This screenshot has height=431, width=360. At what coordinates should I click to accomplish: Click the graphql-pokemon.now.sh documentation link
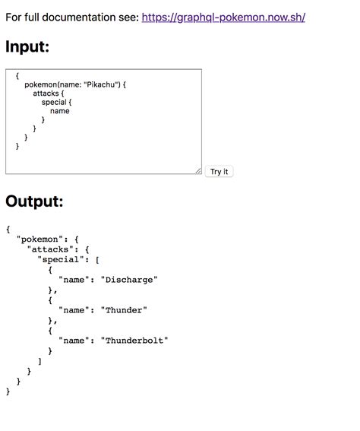223,16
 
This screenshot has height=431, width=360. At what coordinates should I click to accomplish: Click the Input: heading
27,47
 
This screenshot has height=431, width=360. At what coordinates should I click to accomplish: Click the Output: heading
34,201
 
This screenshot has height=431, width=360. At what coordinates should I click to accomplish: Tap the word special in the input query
55,102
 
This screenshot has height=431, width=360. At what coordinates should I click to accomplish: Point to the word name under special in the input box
59,111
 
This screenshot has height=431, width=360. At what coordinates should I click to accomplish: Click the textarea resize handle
197,171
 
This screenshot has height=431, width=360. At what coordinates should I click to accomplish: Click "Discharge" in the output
128,280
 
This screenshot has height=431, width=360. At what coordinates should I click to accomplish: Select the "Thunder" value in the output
123,310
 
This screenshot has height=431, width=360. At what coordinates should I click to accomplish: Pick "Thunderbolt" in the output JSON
134,341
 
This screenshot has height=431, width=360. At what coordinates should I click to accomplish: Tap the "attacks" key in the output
51,249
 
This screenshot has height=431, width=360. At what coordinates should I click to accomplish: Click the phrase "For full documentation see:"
71,16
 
